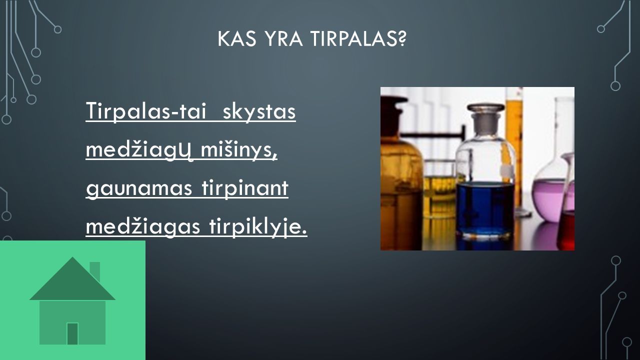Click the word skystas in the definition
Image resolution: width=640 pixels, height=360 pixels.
tap(259, 111)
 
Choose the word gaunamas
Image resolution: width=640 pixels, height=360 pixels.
tap(139, 189)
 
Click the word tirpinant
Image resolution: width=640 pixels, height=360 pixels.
tap(245, 188)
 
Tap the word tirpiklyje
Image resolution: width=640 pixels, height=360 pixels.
tap(258, 227)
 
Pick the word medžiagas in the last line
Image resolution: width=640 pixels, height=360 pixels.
tap(143, 227)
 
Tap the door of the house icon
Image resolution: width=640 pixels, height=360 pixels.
tap(72, 333)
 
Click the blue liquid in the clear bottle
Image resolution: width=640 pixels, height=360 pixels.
tap(484, 208)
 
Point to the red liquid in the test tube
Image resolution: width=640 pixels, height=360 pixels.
tap(565, 231)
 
